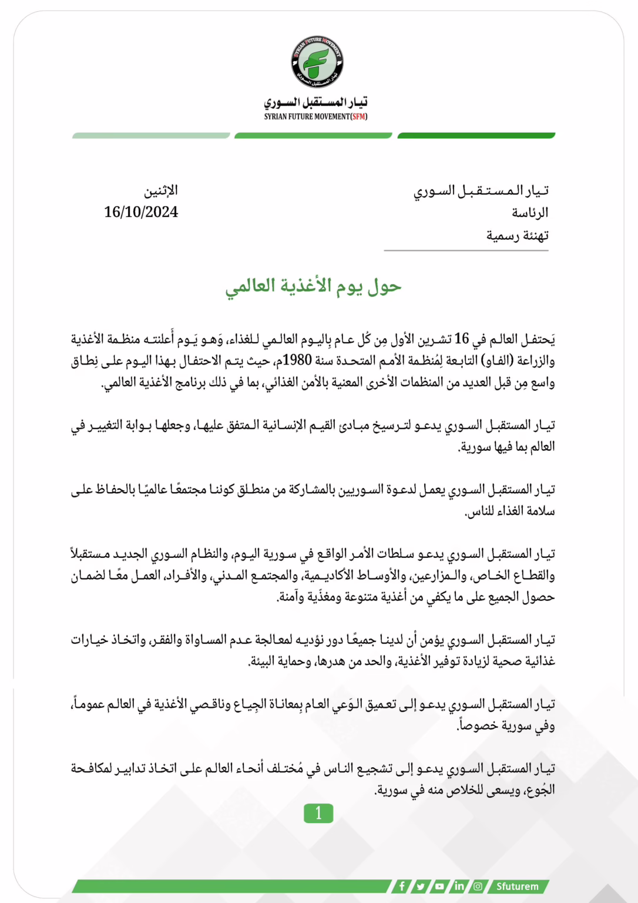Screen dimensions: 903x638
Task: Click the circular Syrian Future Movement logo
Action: (x=317, y=62)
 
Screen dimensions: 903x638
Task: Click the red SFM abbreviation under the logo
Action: (x=359, y=117)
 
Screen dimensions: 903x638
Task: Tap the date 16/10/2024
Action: (x=141, y=212)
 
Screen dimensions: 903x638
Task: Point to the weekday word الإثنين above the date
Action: (x=161, y=190)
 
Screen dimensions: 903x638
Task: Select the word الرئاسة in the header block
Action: (x=530, y=213)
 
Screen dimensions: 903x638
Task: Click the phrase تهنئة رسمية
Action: (x=517, y=236)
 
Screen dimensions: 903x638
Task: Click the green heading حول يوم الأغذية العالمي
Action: (x=313, y=286)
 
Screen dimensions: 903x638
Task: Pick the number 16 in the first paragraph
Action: (x=462, y=339)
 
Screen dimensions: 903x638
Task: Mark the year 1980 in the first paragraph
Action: (x=297, y=360)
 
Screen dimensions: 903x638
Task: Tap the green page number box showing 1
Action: (x=318, y=813)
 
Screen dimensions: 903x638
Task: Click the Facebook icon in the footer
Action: (x=402, y=886)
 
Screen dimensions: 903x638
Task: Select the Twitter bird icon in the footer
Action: (x=421, y=886)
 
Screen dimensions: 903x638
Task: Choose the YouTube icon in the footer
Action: (x=439, y=886)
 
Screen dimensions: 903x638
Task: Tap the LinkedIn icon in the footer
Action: (x=459, y=886)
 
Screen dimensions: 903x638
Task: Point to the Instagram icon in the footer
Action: (x=478, y=886)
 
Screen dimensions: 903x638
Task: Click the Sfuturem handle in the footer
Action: (x=517, y=886)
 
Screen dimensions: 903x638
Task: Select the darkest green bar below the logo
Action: (x=476, y=136)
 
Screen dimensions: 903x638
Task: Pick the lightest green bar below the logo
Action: (x=151, y=136)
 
